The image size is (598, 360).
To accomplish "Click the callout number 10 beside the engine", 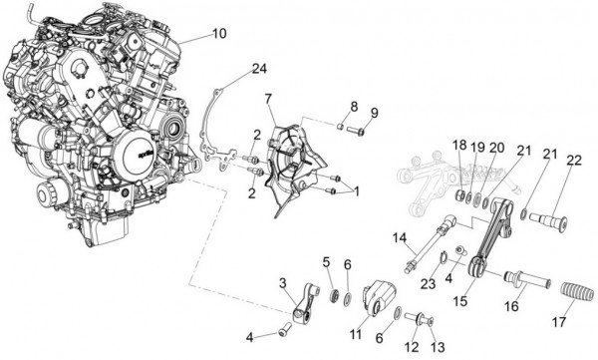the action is pos(219,34).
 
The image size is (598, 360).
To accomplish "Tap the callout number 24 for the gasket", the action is pos(259,69).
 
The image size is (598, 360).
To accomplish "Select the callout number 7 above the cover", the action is pos(268,99).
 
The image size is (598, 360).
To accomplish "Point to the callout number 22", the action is pos(574,161).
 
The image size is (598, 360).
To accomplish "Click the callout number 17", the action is pos(559,322).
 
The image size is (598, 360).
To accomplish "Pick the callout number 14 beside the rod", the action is pos(400,238).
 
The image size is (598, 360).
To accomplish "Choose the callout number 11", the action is pos(356,335).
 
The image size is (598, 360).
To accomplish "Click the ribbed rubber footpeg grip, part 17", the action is pos(578,293).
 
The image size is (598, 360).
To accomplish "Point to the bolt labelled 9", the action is pos(356,131).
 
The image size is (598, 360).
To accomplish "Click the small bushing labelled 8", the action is pos(340,126).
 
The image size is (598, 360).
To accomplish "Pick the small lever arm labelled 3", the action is pos(306,301).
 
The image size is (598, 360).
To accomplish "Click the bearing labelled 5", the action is pos(335,296).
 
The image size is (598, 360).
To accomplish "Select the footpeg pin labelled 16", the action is pos(528,279).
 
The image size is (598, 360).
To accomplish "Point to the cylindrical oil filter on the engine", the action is pos(48,195).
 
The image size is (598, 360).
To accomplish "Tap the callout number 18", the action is pos(459,146).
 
